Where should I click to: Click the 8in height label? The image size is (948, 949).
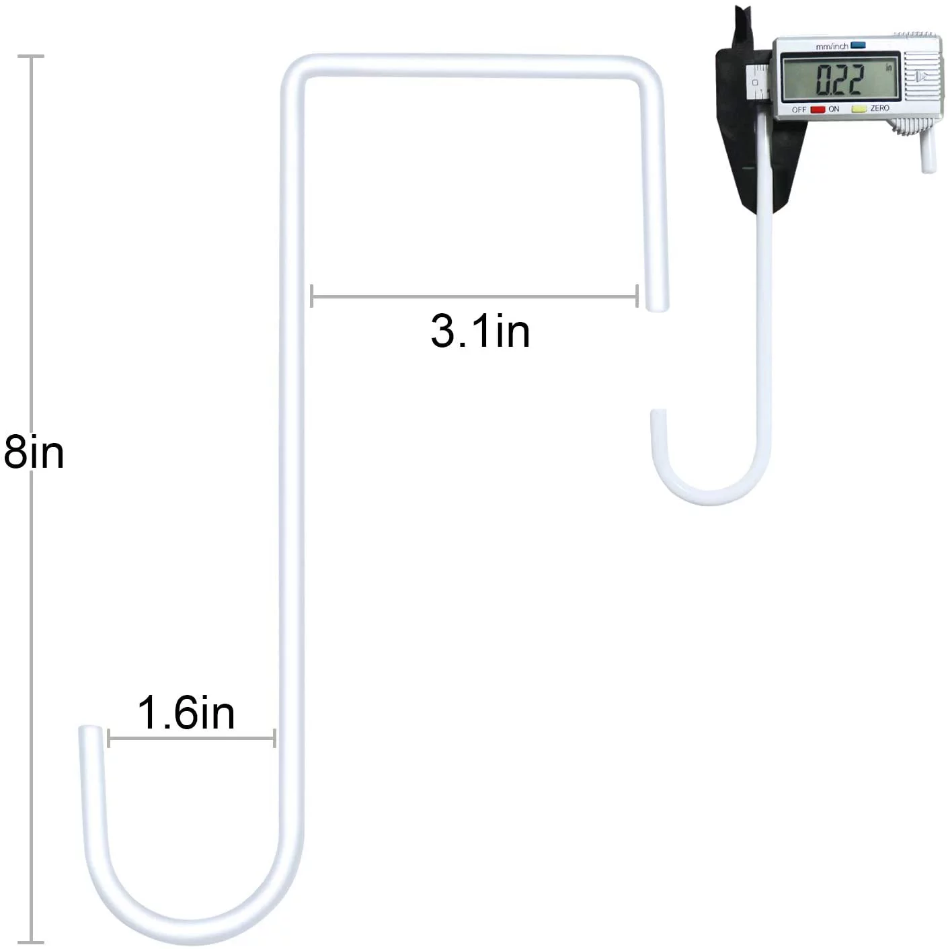pyautogui.click(x=34, y=452)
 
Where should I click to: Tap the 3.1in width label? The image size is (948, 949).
pyautogui.click(x=480, y=331)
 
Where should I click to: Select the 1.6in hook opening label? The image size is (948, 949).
pyautogui.click(x=186, y=713)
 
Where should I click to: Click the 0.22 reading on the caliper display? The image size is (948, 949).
pyautogui.click(x=839, y=79)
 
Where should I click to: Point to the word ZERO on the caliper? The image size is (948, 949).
pyautogui.click(x=879, y=108)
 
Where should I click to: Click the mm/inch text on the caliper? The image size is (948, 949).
pyautogui.click(x=832, y=46)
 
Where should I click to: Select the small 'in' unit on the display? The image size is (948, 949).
pyautogui.click(x=888, y=68)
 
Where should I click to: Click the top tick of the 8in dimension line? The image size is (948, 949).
pyautogui.click(x=31, y=56)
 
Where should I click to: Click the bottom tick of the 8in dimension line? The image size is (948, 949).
pyautogui.click(x=31, y=942)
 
